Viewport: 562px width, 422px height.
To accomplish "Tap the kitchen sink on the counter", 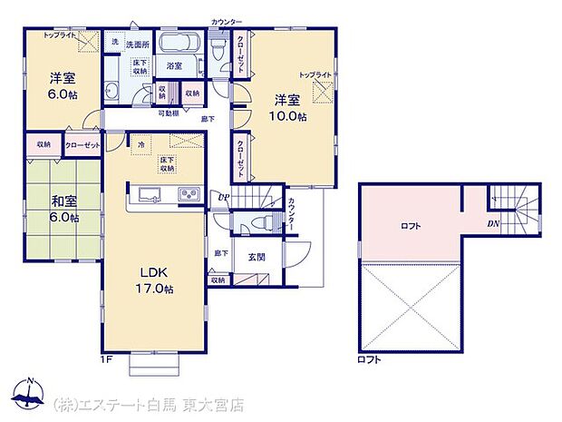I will [x=148, y=194].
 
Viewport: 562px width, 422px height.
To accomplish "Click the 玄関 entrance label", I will [x=256, y=256].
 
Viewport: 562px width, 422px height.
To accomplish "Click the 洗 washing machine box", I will [x=114, y=42].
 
